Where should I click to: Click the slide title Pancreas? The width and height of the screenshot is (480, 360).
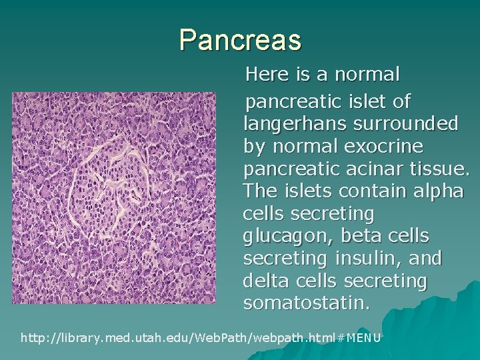(x=240, y=40)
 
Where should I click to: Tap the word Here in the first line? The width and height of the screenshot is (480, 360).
(x=267, y=75)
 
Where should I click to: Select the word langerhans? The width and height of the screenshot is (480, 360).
(x=300, y=124)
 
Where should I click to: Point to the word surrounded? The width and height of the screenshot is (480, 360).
(x=410, y=124)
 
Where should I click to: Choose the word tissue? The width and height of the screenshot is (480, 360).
(x=440, y=169)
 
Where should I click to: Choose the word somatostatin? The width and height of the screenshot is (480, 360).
(x=306, y=304)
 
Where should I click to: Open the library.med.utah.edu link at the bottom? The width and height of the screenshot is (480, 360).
(x=201, y=338)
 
